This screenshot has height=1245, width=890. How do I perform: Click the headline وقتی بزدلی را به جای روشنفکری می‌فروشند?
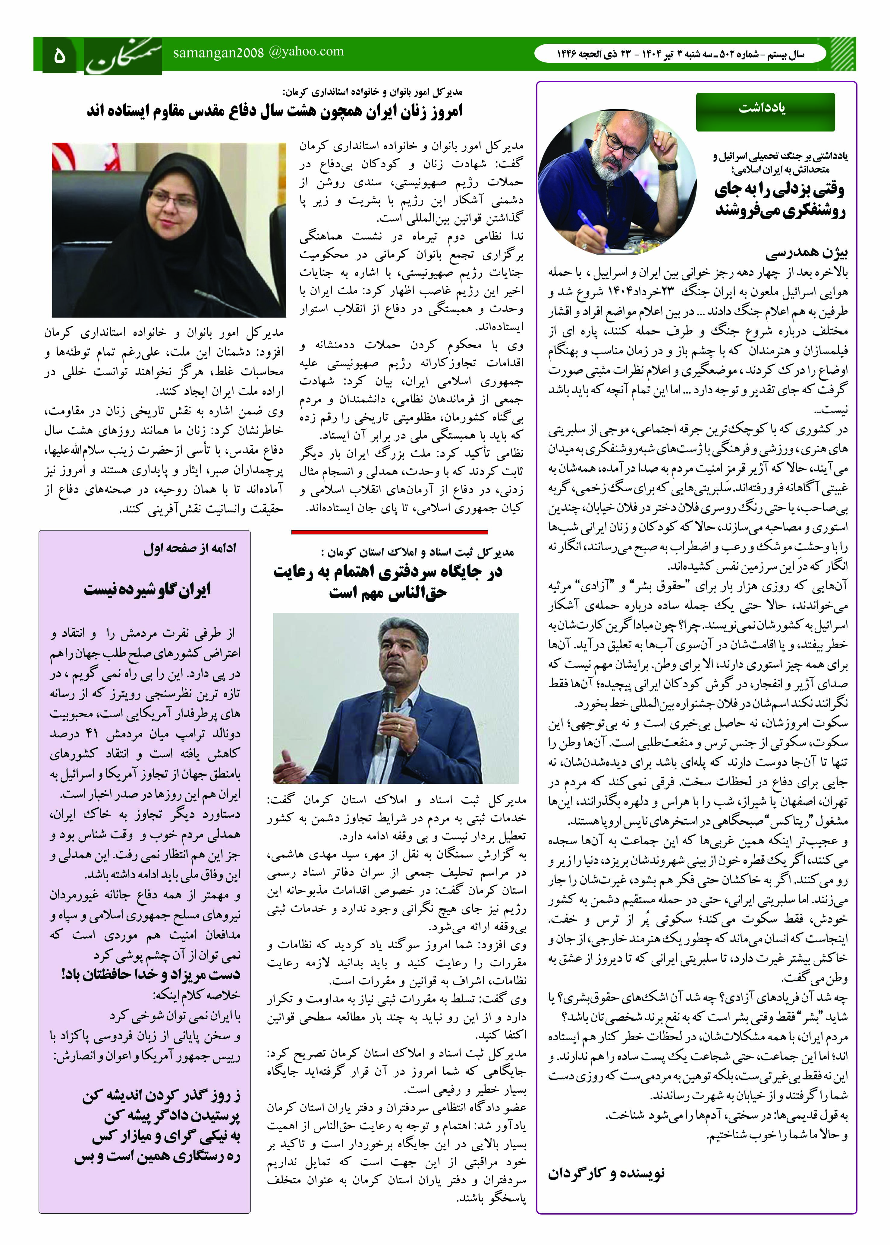780,200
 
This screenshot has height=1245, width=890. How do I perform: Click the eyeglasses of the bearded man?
620,144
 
